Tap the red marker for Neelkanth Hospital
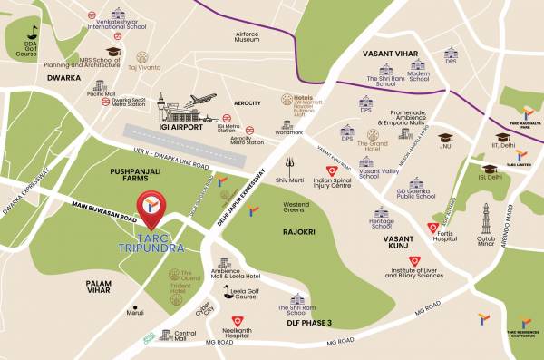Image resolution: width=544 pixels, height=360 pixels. [237, 321]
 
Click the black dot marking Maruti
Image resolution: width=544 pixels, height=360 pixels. [136, 306]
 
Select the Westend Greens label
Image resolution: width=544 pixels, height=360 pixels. [296, 208]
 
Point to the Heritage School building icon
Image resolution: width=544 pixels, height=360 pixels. [381, 212]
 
